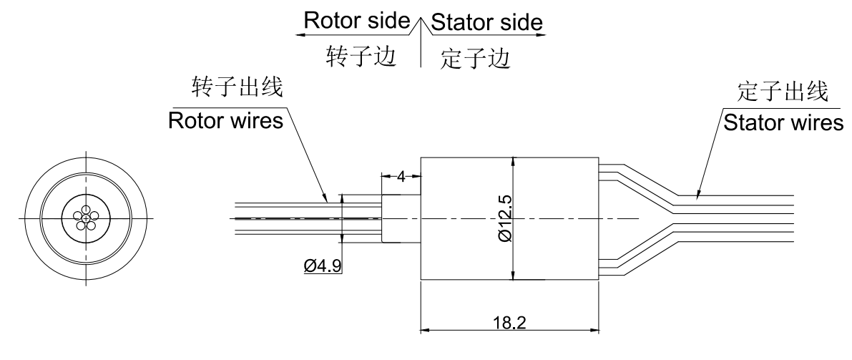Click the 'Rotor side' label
click(355, 22)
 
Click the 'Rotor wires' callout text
click(225, 122)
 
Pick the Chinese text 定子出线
click(783, 92)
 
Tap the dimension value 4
click(401, 177)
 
